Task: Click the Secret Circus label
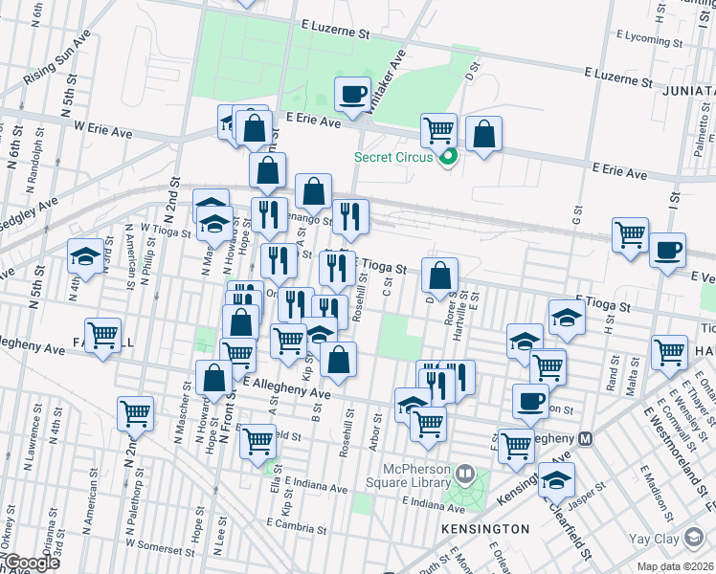coord(393,157)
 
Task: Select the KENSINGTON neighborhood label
coord(484,528)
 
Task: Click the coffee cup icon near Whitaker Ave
coord(352,95)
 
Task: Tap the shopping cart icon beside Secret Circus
coord(438,129)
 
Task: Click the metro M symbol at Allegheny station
coord(587,438)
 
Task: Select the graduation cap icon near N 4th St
coord(85,257)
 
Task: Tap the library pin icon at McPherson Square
coord(465,472)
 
